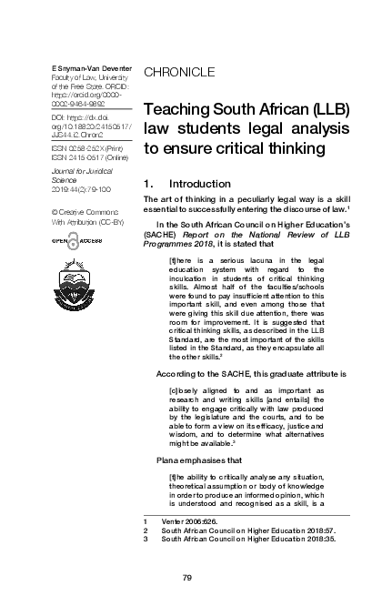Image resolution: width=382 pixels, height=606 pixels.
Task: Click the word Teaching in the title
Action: click(181, 110)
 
